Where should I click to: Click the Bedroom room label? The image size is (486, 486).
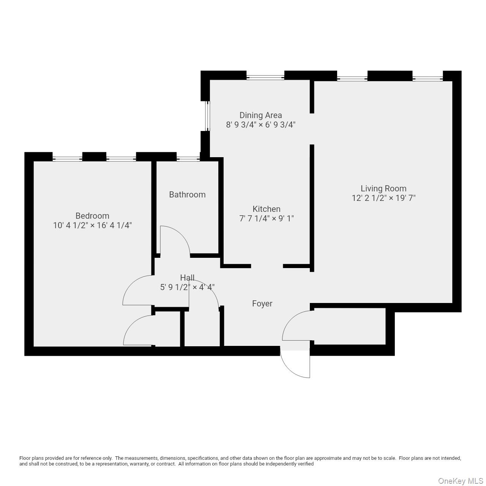(x=92, y=216)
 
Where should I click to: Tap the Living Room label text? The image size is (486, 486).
(x=383, y=188)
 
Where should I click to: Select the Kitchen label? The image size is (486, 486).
(x=267, y=209)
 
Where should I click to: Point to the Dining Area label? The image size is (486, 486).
(x=260, y=115)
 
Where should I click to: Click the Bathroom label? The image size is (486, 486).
(x=187, y=194)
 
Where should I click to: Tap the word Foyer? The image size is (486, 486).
(x=262, y=303)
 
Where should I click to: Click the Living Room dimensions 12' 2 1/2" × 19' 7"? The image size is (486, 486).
(x=383, y=198)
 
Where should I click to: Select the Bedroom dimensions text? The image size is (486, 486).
(x=92, y=226)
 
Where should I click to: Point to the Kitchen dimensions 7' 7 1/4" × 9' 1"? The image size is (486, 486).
(x=267, y=218)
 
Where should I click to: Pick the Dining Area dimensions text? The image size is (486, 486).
(x=260, y=125)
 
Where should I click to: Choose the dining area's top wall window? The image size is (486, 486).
(x=265, y=77)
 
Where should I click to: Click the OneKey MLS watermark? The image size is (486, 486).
(x=461, y=481)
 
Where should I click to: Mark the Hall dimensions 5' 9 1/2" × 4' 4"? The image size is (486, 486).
(x=187, y=287)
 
